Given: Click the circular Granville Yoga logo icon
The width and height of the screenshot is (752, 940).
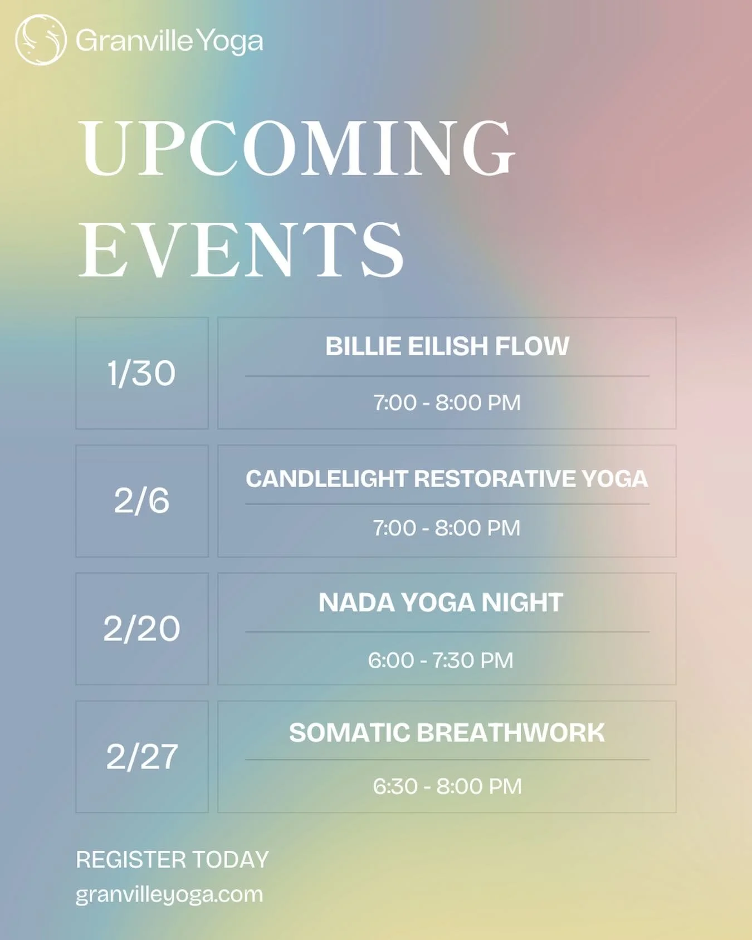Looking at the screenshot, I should coord(41,40).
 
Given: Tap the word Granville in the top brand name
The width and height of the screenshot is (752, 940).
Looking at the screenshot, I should coord(134,41).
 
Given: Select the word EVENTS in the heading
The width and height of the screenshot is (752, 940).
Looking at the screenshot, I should coord(241,249).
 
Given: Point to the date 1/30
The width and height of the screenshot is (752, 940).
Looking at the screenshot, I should coord(141,373).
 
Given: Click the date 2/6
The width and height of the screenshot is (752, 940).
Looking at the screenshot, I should coord(141,501).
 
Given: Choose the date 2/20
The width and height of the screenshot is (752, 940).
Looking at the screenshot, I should coord(141,629).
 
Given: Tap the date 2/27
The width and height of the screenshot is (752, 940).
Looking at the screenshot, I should coord(141,757).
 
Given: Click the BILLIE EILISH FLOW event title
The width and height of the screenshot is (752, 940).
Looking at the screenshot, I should coord(447,346).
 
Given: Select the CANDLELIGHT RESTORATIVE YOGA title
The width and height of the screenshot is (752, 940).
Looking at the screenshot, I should coord(447,479).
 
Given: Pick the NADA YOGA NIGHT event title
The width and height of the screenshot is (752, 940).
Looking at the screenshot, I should coord(441,603).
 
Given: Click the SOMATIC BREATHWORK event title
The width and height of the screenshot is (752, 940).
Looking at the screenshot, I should coord(447,733).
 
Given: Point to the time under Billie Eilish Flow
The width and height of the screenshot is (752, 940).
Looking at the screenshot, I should coord(447,403).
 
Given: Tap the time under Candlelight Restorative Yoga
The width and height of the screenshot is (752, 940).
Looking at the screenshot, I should coord(447,528).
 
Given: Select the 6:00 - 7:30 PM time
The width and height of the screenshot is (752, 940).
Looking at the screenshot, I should coord(441,660).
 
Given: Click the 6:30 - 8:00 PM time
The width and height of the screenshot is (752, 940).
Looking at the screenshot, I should coord(447,786).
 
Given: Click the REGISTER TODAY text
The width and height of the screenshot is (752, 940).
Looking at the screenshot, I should coord(172,860).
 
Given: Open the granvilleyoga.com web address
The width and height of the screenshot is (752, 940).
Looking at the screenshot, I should coord(169,894).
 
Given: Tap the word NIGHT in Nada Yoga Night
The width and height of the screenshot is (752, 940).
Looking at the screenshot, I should coord(522,603).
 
